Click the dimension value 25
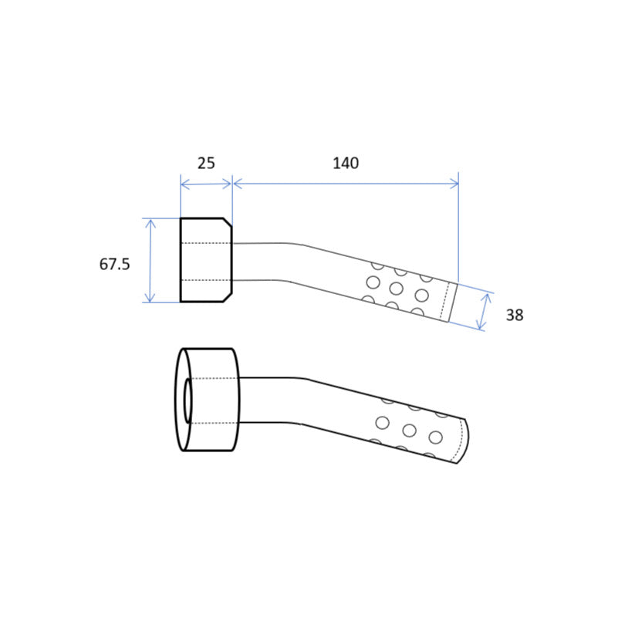click(206, 164)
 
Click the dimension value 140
click(346, 164)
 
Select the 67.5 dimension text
click(114, 264)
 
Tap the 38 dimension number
click(515, 316)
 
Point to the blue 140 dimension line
click(346, 184)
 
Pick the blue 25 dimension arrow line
click(206, 184)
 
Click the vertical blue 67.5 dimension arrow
click(150, 260)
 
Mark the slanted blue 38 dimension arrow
click(485, 312)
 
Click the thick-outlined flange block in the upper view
click(206, 260)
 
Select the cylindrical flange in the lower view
click(208, 400)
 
